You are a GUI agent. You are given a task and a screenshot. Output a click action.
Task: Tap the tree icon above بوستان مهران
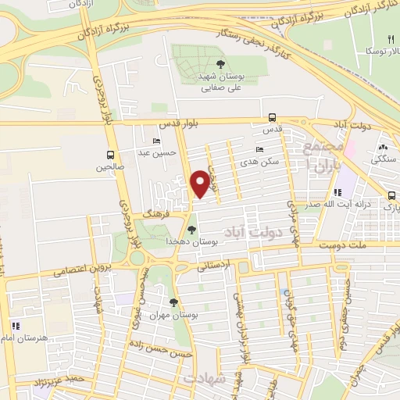[173, 302]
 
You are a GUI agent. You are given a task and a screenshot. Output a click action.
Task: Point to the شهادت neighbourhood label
[205, 378]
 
